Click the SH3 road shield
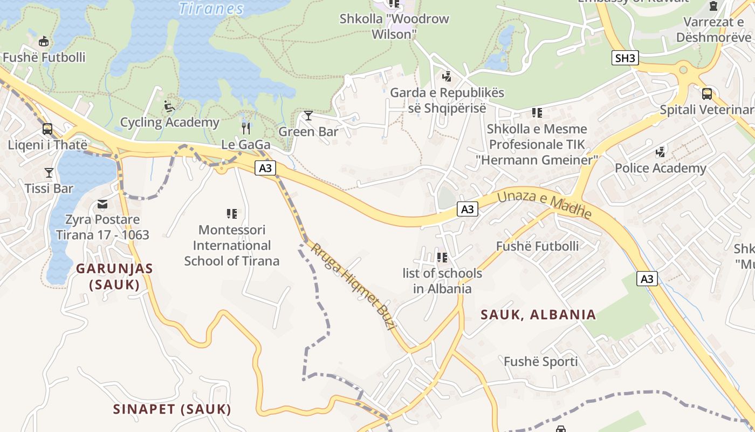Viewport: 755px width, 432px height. pos(625,58)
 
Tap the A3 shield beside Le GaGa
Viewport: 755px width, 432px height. pos(265,168)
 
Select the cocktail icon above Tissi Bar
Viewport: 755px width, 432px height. pos(49,173)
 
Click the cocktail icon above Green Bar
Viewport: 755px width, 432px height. pos(308,115)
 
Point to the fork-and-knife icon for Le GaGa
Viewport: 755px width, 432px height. pos(246,128)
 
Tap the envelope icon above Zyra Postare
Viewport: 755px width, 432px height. pos(102,204)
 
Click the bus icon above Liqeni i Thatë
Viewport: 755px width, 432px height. pos(47,129)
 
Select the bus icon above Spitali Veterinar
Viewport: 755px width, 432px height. pos(706,93)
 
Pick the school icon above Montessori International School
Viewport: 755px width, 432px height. pos(232,214)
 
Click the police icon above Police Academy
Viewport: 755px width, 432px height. pos(660,152)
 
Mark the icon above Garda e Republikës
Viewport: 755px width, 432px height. pos(447,76)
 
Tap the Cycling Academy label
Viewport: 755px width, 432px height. pos(170,122)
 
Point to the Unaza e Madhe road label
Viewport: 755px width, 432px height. pos(544,205)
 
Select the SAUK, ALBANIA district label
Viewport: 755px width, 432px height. pos(538,314)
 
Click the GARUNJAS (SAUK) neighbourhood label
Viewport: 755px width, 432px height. pos(114,276)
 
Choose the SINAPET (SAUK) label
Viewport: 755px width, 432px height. pos(172,409)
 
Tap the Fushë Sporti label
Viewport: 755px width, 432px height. pos(541,361)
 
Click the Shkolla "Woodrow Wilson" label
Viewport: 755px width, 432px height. pos(394,26)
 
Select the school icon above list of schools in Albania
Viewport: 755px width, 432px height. pos(442,258)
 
